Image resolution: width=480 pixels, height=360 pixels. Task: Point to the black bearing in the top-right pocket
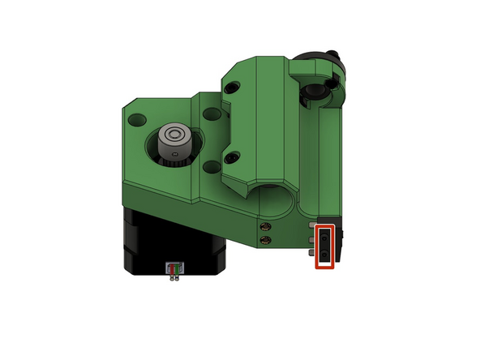tap(312, 95)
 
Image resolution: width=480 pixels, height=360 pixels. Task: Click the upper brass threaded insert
tap(264, 227)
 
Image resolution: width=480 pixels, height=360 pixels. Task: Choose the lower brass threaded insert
tap(264, 240)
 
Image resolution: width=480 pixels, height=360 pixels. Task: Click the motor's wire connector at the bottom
tap(173, 269)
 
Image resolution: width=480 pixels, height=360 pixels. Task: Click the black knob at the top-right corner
tap(328, 66)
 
